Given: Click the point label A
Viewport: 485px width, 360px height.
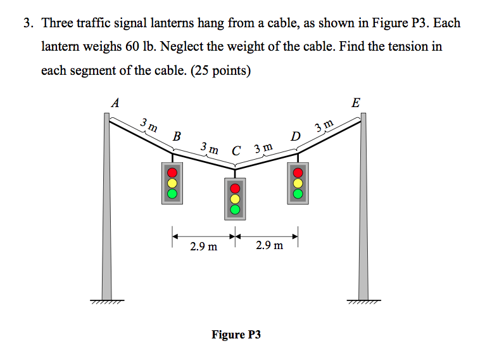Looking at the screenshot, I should [x=115, y=101].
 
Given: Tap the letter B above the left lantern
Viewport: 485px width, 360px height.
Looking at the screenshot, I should [x=177, y=136].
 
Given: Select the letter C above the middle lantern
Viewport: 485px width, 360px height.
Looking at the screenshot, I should [x=236, y=151].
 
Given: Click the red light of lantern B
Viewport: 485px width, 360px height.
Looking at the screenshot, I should [x=172, y=172].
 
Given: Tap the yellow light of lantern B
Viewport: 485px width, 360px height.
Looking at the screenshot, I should [x=172, y=182].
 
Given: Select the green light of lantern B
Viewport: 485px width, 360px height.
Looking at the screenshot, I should [x=172, y=192].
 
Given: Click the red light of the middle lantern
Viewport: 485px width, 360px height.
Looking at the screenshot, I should [x=236, y=188].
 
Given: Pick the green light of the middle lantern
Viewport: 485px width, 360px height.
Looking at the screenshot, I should [x=236, y=209].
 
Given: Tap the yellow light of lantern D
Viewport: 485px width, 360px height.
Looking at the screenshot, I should [x=298, y=182].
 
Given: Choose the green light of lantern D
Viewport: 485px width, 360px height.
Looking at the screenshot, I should [x=298, y=192].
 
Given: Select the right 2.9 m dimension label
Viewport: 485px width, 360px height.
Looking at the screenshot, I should [x=269, y=245].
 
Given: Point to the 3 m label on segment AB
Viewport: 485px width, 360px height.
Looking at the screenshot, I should [x=149, y=124].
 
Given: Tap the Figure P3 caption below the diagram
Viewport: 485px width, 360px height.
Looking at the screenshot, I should [x=236, y=334].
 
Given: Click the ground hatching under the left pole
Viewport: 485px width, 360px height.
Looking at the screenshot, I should [x=107, y=303].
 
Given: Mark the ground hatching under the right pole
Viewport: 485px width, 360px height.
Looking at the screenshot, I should [x=363, y=303].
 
